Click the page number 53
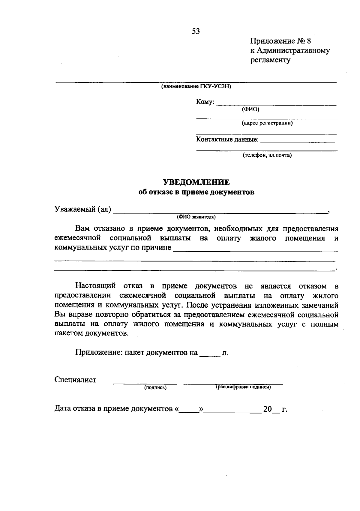click(196, 31)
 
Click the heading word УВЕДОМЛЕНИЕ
click(196, 182)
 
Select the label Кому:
click(205, 102)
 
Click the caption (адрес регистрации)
click(267, 123)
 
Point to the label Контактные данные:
click(227, 139)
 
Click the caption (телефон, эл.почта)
click(267, 155)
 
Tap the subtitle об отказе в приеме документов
click(196, 192)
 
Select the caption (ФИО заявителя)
click(196, 217)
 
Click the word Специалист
click(75, 380)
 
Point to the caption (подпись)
click(155, 388)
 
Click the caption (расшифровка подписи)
click(243, 387)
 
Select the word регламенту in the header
click(271, 60)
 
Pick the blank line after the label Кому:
click(276, 104)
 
